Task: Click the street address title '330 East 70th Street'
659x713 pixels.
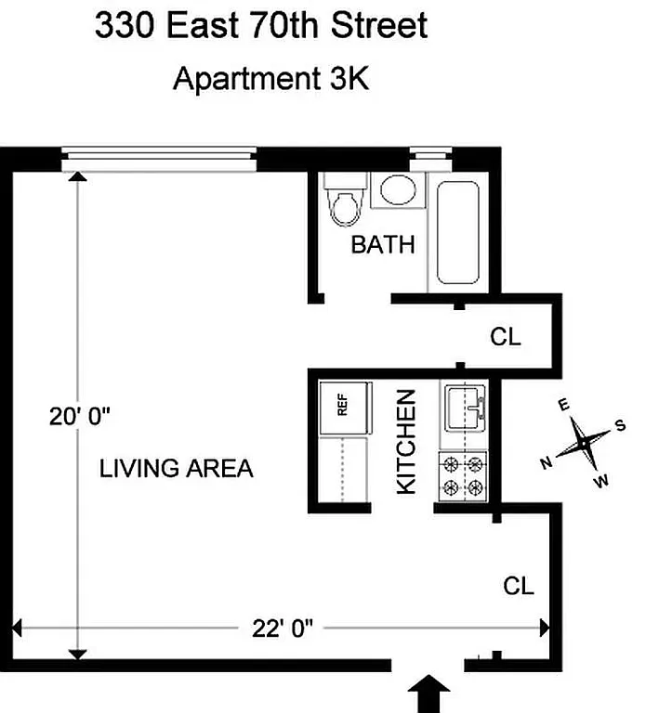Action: pos(260,25)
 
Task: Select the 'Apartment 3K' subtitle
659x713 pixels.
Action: pos(271,79)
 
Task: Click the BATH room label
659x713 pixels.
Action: pos(382,245)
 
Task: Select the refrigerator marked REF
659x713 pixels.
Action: pos(341,406)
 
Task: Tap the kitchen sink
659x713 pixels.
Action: pos(465,408)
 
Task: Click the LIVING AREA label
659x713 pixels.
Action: pos(176,468)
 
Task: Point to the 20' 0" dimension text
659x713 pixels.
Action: pos(80,416)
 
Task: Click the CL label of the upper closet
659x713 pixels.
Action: pos(506,336)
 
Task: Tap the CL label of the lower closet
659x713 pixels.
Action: pos(519,586)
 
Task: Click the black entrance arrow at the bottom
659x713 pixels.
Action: pos(428,694)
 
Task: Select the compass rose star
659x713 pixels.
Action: pos(582,444)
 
